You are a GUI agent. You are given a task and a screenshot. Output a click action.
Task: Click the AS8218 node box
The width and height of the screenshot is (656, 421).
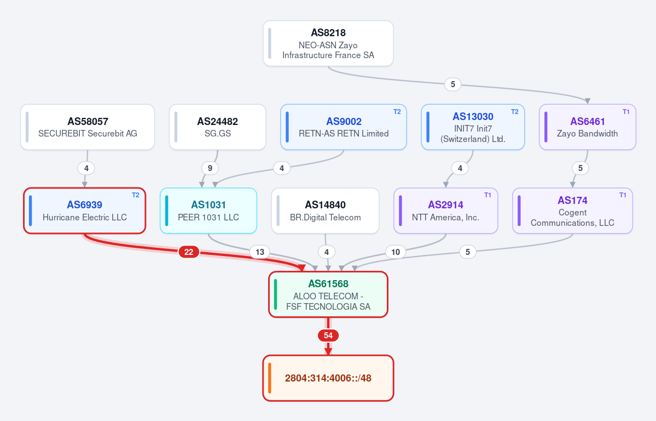tap(328, 44)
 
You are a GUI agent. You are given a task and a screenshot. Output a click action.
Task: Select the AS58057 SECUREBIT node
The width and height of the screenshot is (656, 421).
tap(88, 127)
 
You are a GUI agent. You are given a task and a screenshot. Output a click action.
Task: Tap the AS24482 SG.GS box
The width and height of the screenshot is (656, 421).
tap(218, 127)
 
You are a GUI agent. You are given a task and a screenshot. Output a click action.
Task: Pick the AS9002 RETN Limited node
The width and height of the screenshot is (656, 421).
tap(344, 127)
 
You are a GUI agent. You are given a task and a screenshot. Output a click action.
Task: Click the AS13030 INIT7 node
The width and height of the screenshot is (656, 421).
tap(473, 127)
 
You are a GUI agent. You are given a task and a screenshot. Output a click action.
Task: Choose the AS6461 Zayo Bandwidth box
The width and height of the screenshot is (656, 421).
tap(588, 127)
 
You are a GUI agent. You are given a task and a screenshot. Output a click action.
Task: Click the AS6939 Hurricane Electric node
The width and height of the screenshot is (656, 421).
tap(84, 210)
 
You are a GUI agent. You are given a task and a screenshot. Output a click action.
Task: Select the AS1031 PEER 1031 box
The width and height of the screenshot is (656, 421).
tap(208, 210)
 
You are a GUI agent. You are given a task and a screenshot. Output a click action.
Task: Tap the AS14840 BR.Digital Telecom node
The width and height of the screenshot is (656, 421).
tap(326, 210)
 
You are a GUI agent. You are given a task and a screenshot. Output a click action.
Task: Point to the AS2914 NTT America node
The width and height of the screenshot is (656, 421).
tap(445, 210)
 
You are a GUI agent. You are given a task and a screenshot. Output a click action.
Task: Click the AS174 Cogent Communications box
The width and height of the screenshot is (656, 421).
tap(572, 210)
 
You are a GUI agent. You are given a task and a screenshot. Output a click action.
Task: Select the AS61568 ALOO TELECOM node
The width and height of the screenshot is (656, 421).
tap(328, 294)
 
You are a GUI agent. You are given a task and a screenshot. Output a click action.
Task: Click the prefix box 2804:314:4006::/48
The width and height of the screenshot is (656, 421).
tap(328, 378)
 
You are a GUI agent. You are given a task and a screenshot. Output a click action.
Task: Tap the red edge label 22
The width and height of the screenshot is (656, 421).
tap(189, 252)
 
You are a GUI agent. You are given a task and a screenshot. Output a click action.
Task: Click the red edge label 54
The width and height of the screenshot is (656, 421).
tap(328, 335)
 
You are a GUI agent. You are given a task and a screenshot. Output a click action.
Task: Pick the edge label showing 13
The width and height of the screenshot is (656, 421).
tap(260, 252)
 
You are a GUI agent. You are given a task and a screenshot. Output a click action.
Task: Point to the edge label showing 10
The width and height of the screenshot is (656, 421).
tap(396, 252)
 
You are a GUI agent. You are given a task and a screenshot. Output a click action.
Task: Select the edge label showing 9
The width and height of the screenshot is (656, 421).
tap(210, 168)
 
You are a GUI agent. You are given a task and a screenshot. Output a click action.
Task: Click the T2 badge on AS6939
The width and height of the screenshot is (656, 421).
tap(136, 195)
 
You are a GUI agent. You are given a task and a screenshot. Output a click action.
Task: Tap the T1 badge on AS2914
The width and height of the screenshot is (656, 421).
tap(488, 195)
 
